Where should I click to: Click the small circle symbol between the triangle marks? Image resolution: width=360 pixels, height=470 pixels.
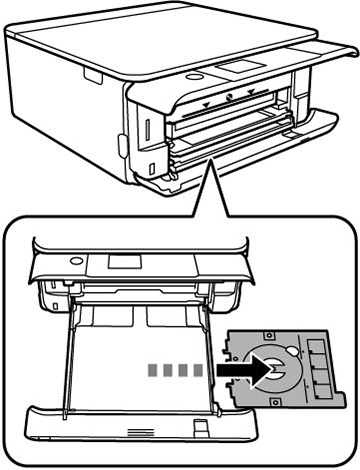click(x=229, y=98)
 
